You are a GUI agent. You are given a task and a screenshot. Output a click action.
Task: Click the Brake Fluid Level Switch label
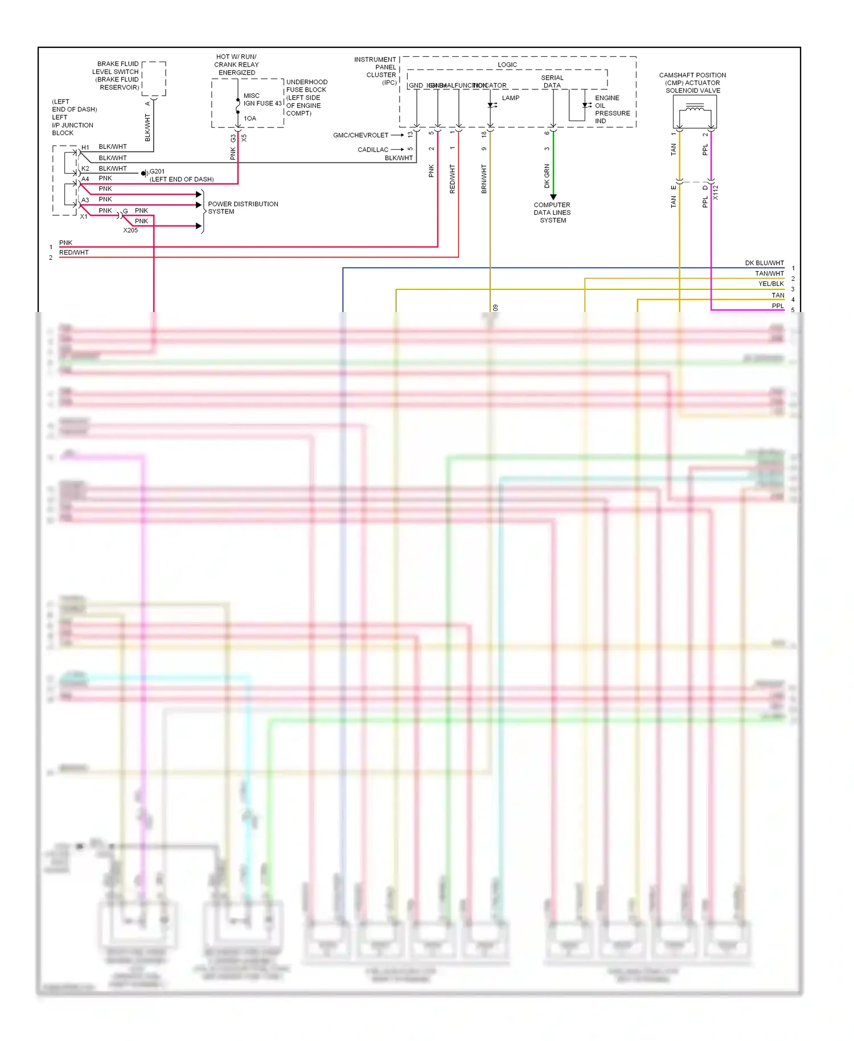pos(117,75)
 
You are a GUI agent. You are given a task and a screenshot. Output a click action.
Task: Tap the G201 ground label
pos(157,171)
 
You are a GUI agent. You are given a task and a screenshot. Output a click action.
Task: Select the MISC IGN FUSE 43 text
pos(262,100)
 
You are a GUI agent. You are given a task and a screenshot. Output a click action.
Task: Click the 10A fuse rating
pos(250,118)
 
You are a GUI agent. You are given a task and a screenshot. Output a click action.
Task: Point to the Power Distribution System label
pos(243,208)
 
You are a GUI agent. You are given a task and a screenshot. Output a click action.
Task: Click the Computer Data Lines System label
pos(552,212)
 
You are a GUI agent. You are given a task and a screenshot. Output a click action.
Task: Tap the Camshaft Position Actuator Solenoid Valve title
pos(692,83)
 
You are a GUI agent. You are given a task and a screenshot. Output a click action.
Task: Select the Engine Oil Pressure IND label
pos(612,109)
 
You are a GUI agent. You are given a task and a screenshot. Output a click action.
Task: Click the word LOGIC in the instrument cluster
pos(507,65)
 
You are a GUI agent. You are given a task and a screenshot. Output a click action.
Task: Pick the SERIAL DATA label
pos(552,81)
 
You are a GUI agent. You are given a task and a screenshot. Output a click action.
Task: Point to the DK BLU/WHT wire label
pos(764,263)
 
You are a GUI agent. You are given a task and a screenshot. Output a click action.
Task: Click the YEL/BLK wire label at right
pos(771,284)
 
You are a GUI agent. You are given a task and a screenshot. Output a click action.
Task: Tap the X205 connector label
pos(130,230)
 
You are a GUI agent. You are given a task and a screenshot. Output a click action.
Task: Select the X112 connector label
pos(716,192)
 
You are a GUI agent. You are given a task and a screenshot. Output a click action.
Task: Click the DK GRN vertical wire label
pos(547,176)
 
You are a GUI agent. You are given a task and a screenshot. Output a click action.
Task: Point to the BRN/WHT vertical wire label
pos(484,179)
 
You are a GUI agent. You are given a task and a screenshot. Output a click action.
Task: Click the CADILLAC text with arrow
pos(373,150)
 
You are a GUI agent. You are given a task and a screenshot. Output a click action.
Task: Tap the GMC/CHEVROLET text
pos(360,136)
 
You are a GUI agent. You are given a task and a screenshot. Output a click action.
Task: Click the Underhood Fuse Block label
pos(306,97)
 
